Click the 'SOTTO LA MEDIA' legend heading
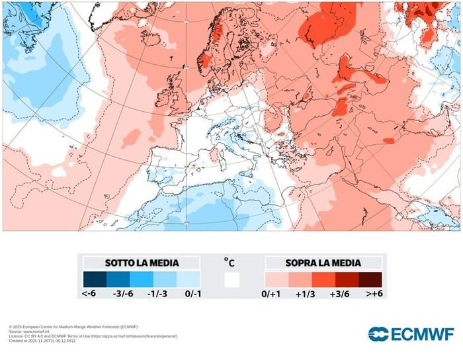pyautogui.click(x=142, y=263)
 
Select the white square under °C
pyautogui.click(x=232, y=279)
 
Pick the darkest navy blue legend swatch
pyautogui.click(x=95, y=279)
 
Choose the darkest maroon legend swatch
pyautogui.click(x=370, y=279)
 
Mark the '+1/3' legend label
pyautogui.click(x=307, y=293)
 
